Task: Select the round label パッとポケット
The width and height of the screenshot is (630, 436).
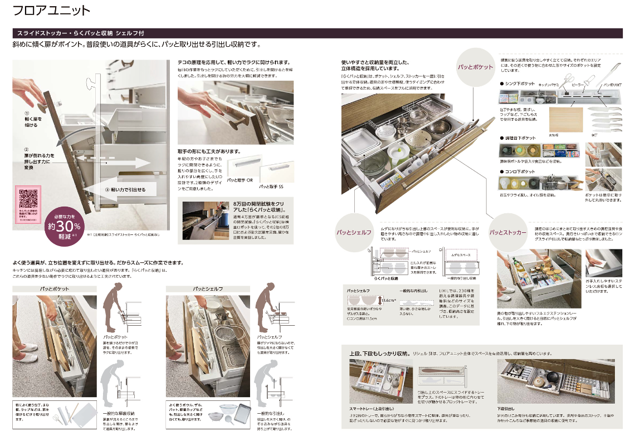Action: click(x=475, y=67)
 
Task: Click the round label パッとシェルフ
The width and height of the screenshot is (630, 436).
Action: click(x=353, y=232)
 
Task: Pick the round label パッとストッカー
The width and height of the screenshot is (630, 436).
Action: click(x=507, y=232)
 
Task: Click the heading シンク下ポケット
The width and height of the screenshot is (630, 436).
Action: click(x=520, y=84)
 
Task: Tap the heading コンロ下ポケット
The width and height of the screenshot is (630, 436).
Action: click(x=520, y=172)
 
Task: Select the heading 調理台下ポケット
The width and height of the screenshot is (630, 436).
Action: click(x=520, y=137)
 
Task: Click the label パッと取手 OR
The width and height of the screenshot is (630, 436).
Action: click(x=240, y=181)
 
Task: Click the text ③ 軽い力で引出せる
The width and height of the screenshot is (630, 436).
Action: click(x=125, y=190)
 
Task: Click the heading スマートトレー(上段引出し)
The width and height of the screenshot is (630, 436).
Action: click(x=373, y=408)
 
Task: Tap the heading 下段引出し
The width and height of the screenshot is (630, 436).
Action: click(x=507, y=408)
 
